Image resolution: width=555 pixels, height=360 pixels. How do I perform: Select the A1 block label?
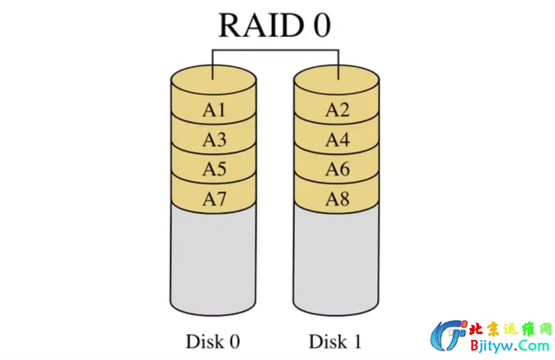[214, 110]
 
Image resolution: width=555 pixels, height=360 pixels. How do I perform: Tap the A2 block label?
[337, 110]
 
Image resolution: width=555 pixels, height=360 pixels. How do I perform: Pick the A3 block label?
[214, 140]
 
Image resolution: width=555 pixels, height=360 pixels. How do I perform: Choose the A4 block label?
[337, 140]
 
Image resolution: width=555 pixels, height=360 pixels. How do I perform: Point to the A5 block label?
[214, 170]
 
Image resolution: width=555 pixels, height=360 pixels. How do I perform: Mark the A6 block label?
[337, 170]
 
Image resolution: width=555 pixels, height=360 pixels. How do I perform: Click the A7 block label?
[214, 199]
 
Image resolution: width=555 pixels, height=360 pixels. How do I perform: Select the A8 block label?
[337, 199]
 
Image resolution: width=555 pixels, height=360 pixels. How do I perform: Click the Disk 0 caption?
[212, 341]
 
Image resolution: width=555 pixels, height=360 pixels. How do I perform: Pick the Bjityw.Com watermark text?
[509, 346]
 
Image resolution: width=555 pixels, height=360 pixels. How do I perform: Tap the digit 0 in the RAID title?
[319, 26]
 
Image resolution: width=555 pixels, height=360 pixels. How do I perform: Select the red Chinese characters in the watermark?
[509, 329]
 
